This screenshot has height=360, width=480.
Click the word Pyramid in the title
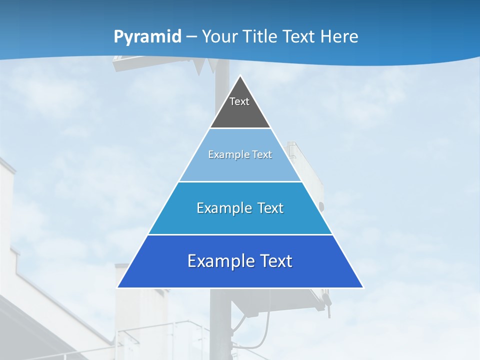(147, 36)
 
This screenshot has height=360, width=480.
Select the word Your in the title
(220, 36)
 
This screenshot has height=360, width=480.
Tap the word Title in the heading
(260, 36)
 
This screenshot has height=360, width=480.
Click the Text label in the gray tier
(239, 101)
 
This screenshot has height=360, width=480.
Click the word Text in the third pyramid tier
(270, 208)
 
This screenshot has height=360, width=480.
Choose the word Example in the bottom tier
(220, 261)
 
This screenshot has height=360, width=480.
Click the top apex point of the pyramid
(240, 76)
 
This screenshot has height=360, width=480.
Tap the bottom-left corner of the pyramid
(118, 287)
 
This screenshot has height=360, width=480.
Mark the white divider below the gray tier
(240, 128)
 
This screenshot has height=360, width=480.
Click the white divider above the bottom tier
(240, 234)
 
